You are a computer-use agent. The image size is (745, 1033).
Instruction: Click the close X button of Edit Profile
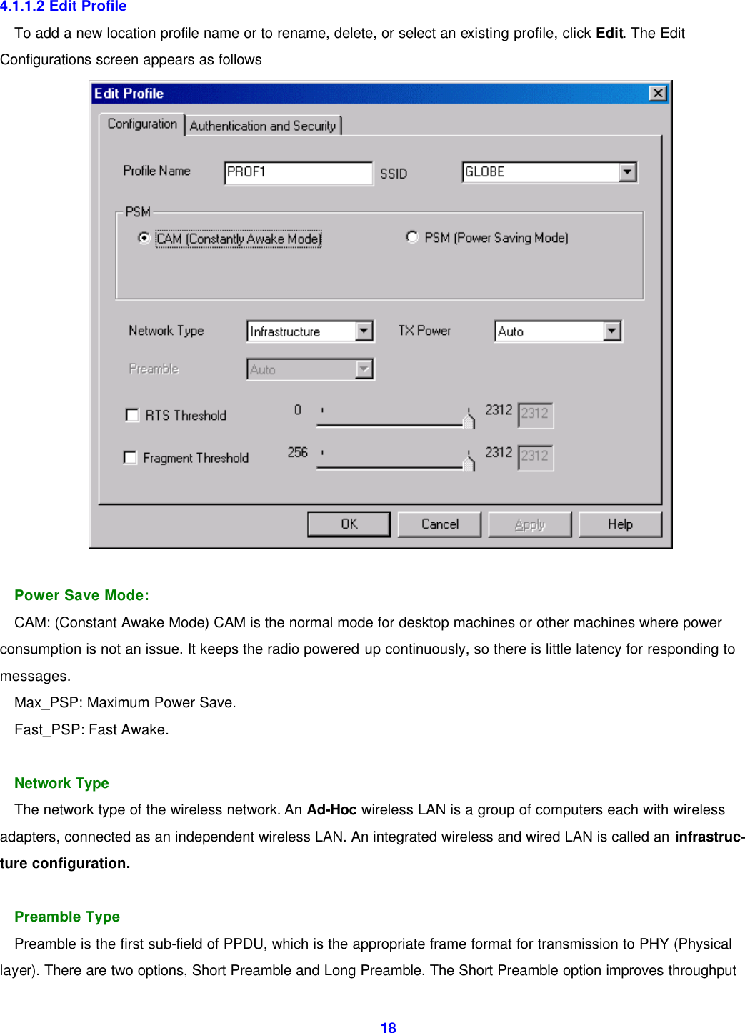[657, 94]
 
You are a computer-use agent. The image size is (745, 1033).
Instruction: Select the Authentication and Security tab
[263, 126]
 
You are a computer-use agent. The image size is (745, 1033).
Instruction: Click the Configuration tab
[142, 124]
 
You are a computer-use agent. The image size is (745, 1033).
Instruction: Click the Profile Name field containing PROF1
[298, 172]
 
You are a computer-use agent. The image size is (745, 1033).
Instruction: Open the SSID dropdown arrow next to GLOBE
[627, 172]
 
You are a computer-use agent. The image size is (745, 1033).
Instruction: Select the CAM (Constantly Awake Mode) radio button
[144, 238]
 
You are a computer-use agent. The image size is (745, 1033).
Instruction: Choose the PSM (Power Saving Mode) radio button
[412, 237]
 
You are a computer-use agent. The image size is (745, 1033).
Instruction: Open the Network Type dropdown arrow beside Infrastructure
[364, 331]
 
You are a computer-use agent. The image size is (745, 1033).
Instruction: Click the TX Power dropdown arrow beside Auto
[612, 331]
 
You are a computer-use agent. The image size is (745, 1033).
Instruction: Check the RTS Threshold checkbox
[132, 415]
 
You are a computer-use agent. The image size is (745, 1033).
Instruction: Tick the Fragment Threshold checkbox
[130, 457]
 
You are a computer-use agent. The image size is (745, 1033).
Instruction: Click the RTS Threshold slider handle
[469, 419]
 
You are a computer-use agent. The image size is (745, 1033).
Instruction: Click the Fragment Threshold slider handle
[469, 462]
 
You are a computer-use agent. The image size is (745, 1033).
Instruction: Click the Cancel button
[439, 524]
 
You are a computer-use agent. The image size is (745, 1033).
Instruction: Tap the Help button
[620, 524]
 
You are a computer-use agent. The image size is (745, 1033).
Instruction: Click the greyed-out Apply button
[529, 524]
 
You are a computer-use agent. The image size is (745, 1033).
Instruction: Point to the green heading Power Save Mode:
[81, 595]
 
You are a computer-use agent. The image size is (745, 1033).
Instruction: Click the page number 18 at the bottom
[388, 1027]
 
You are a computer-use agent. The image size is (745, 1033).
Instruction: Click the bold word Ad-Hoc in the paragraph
[331, 809]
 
